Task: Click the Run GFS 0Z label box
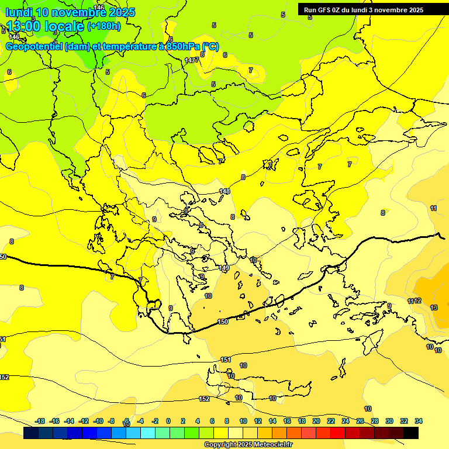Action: point(364,9)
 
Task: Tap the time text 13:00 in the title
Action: point(23,26)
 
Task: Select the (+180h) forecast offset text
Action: point(104,26)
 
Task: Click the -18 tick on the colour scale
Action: point(40,421)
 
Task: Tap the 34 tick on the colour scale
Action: point(419,421)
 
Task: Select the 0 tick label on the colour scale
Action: point(168,421)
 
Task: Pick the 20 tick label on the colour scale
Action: point(316,421)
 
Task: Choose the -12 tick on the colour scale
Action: point(84,421)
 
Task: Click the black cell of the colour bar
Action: point(411,433)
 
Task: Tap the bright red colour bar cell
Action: point(338,433)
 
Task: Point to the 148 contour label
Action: point(224,191)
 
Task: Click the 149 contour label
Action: point(224,268)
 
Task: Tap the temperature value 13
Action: point(434,308)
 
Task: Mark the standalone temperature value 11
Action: point(433,208)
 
